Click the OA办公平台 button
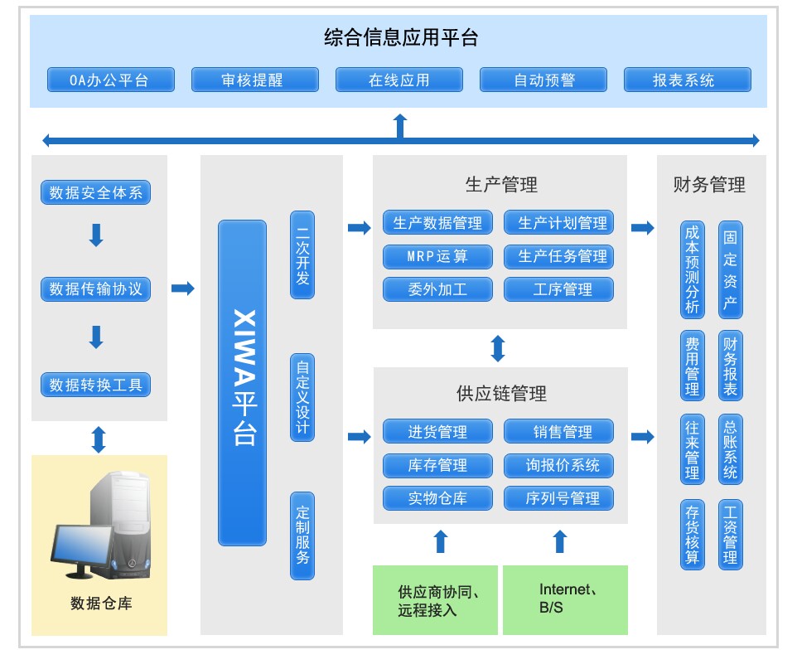click(111, 80)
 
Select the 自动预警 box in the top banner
click(543, 80)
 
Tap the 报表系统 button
click(688, 80)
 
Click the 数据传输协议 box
click(96, 289)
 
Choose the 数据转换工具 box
click(96, 385)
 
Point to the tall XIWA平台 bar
click(242, 382)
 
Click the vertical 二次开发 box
click(302, 255)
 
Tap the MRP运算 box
click(437, 256)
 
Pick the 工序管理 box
click(559, 289)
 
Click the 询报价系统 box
click(559, 465)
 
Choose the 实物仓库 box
click(437, 498)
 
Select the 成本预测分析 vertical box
click(692, 269)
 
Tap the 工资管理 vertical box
click(730, 534)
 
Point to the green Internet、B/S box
click(565, 599)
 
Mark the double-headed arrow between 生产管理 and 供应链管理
click(498, 348)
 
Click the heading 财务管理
click(709, 184)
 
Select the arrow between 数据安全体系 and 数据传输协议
click(96, 235)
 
